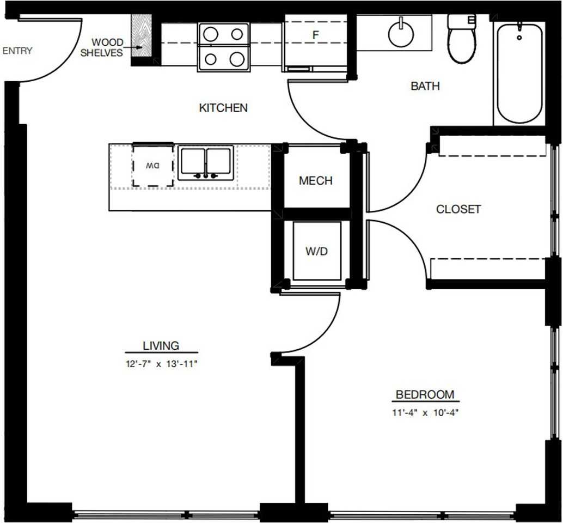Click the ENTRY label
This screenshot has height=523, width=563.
click(x=17, y=51)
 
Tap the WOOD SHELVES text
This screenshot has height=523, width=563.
click(x=102, y=47)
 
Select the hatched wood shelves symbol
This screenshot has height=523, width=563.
click(x=142, y=36)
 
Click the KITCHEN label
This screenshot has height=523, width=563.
click(x=223, y=108)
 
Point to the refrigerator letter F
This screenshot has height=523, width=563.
click(x=316, y=35)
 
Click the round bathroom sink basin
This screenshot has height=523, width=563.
click(x=401, y=34)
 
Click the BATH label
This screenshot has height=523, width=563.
click(x=425, y=86)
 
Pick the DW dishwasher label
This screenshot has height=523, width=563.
click(x=152, y=166)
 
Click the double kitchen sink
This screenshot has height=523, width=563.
click(x=206, y=163)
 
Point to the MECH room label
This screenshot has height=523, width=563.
click(x=316, y=181)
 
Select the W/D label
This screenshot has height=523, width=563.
click(x=317, y=251)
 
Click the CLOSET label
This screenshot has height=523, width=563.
click(x=458, y=209)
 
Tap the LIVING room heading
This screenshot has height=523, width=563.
click(x=161, y=345)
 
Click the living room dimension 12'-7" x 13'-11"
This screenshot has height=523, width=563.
click(x=162, y=364)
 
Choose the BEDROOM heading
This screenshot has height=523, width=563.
click(x=425, y=394)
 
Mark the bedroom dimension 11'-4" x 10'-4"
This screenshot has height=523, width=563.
click(x=425, y=412)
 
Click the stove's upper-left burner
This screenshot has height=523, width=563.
click(x=211, y=34)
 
